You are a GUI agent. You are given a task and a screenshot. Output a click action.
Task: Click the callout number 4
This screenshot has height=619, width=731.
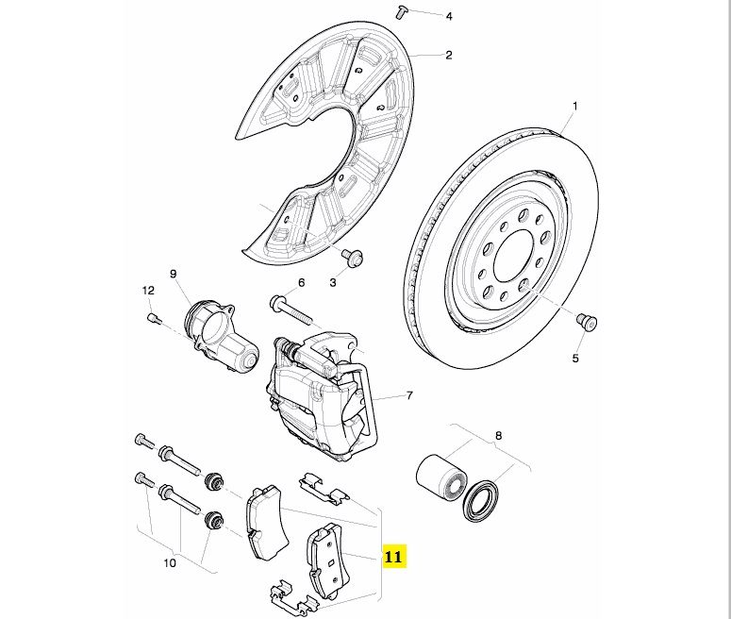coord(449,17)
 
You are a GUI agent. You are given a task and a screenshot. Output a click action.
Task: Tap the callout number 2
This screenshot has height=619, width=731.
coord(449,55)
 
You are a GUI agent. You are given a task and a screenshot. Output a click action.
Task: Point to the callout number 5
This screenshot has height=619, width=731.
coord(574,359)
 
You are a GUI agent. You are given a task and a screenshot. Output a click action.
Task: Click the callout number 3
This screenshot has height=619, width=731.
coord(332,282)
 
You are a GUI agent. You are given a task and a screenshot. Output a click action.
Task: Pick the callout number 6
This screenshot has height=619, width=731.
coord(301,282)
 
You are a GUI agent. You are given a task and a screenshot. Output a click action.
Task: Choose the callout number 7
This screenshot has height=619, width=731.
coord(409,395)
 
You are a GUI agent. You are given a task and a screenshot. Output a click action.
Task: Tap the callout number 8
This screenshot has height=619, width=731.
coord(498,436)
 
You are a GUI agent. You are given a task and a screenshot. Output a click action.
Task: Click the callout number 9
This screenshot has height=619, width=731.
coord(174,275)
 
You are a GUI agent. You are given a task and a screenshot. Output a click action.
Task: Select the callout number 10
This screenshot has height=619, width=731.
coord(170,564)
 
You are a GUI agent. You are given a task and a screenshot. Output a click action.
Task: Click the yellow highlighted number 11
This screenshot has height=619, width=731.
coord(393,557)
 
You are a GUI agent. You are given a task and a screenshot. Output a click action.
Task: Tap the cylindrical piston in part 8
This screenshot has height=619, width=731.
coord(440,474)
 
